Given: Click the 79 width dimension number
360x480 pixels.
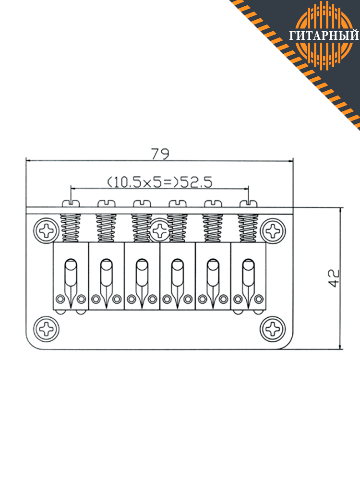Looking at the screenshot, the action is [160, 154].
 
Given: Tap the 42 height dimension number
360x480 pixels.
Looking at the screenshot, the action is [334, 278].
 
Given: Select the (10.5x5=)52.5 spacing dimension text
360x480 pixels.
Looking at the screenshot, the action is [159, 182].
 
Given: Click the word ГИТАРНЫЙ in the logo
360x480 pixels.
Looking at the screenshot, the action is [324, 35].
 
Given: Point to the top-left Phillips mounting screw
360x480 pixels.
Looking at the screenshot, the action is [47, 231].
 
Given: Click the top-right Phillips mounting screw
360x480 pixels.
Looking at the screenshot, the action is [273, 231].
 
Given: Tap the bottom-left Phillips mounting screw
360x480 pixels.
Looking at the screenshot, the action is [46, 329].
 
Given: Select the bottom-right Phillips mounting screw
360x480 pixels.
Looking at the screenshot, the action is [273, 329].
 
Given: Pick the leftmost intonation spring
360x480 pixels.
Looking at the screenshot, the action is [71, 228].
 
